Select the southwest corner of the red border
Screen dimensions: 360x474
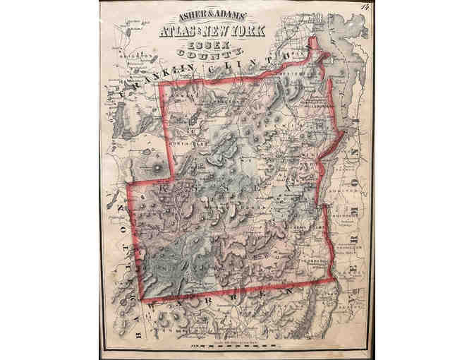[146, 300]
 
